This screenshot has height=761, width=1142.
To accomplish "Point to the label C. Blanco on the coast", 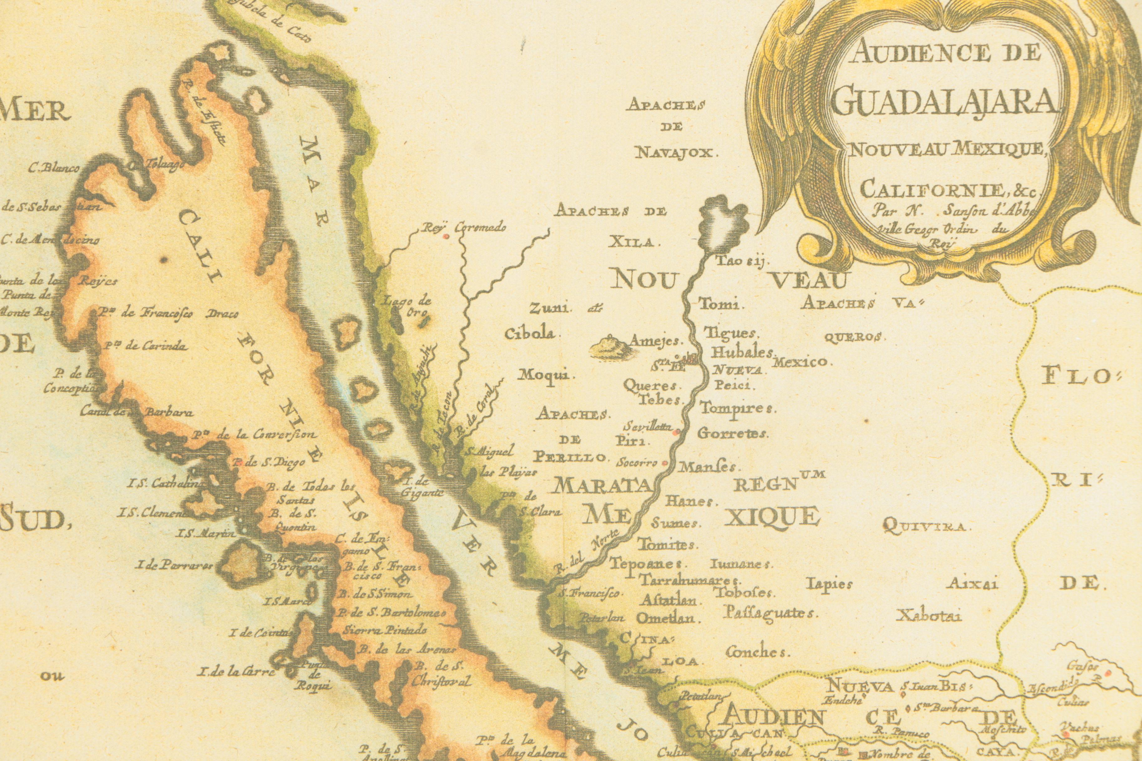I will point(54,168).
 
